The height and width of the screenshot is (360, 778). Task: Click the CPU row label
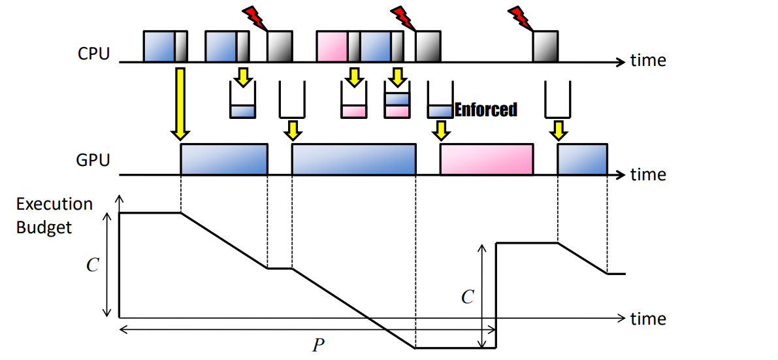(x=94, y=53)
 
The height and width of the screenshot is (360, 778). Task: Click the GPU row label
(x=94, y=160)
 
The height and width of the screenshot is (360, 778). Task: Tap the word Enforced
(x=486, y=110)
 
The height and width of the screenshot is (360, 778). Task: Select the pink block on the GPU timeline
(x=487, y=160)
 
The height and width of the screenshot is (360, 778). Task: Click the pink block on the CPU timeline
(x=332, y=46)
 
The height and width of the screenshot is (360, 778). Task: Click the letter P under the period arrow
(x=318, y=346)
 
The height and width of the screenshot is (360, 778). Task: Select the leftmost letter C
(x=92, y=265)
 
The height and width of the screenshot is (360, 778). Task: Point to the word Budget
(x=44, y=227)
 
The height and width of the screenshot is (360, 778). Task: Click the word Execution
(x=55, y=204)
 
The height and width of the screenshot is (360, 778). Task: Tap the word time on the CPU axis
(x=648, y=61)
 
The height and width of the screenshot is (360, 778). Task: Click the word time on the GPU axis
(x=648, y=175)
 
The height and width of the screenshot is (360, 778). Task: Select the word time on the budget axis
(x=648, y=318)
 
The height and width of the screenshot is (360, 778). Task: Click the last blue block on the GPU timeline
(x=583, y=160)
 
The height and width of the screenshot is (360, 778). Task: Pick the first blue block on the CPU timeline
(x=159, y=46)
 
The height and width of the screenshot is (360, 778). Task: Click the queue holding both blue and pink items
(x=397, y=99)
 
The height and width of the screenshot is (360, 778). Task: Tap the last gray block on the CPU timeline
(x=546, y=46)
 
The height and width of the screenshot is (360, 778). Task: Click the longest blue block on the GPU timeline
(x=354, y=160)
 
